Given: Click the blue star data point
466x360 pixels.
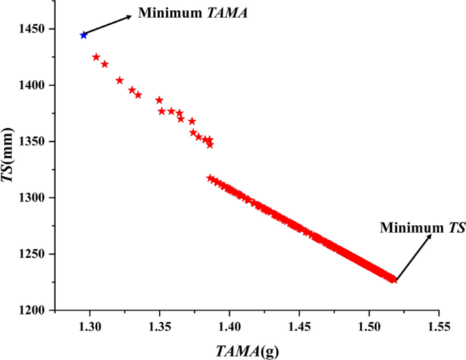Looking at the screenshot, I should pyautogui.click(x=84, y=35).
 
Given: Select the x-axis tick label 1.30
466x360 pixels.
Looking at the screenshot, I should pyautogui.click(x=90, y=327).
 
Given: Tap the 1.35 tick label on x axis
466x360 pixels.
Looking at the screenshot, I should pyautogui.click(x=160, y=327).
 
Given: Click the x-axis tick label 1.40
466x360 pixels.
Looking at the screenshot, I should pyautogui.click(x=230, y=327).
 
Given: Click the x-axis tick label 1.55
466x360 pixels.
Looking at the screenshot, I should pyautogui.click(x=439, y=327).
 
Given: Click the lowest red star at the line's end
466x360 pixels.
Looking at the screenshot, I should pyautogui.click(x=393, y=279).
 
